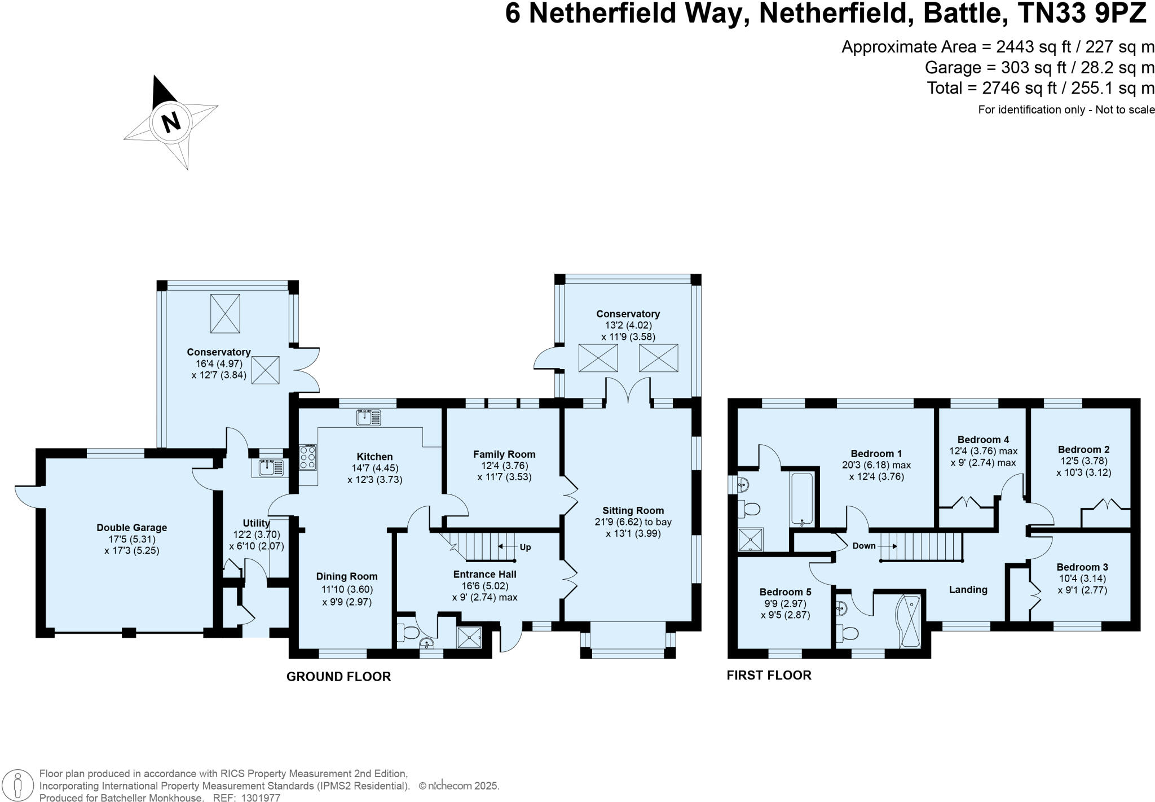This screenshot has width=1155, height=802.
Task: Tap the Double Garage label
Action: [x=131, y=528]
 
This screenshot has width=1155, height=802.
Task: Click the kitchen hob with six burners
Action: [x=308, y=457]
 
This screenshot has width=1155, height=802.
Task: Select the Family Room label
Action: [x=504, y=454]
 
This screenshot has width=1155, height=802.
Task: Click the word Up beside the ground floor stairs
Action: [x=525, y=547]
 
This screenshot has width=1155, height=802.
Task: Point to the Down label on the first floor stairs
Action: [x=863, y=546]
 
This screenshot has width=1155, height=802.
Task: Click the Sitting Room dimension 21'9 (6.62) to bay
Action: [x=633, y=522]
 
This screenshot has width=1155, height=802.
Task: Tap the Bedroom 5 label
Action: [x=785, y=592]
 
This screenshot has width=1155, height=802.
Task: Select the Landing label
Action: [x=968, y=590]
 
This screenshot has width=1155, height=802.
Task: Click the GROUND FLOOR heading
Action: [x=338, y=677]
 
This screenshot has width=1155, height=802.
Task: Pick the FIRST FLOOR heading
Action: [x=769, y=675]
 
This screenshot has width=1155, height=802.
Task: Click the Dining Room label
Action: [x=346, y=576]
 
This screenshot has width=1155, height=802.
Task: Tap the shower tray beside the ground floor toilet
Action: [x=469, y=637]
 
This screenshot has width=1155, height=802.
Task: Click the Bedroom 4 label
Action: [x=983, y=440]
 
